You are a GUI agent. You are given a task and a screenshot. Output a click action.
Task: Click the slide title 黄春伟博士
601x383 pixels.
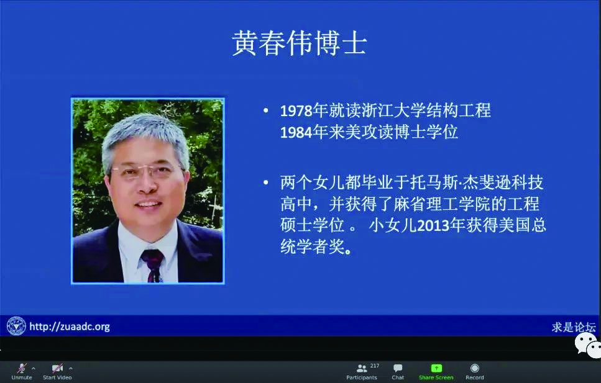(x=300, y=43)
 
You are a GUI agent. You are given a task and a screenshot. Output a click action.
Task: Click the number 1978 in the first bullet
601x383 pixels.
(x=296, y=111)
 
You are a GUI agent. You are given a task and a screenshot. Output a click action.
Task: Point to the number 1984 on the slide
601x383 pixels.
(x=296, y=132)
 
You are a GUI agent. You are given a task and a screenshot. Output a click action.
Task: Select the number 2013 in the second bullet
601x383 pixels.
(x=433, y=226)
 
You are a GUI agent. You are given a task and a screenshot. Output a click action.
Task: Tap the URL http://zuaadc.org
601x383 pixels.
(x=70, y=327)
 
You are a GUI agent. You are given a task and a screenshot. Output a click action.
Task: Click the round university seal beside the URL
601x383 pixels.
(x=16, y=326)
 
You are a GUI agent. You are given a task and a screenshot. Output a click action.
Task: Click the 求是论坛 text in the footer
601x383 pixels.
(x=574, y=327)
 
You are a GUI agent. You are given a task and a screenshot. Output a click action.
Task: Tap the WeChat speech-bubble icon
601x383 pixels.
(x=587, y=345)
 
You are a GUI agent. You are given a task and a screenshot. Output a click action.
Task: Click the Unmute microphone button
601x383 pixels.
(x=22, y=371)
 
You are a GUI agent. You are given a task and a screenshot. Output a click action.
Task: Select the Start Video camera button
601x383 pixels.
(x=57, y=371)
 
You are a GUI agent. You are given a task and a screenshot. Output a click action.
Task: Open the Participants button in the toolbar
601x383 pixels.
(x=362, y=372)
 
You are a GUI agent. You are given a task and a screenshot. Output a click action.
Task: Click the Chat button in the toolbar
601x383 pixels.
(x=398, y=372)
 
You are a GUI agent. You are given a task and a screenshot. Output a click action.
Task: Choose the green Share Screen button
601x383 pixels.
(x=436, y=372)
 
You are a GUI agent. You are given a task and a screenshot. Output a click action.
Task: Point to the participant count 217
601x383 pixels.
(x=375, y=366)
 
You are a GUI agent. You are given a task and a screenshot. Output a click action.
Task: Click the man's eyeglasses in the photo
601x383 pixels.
(x=148, y=171)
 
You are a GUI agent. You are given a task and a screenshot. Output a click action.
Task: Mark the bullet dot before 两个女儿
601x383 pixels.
(x=265, y=182)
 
